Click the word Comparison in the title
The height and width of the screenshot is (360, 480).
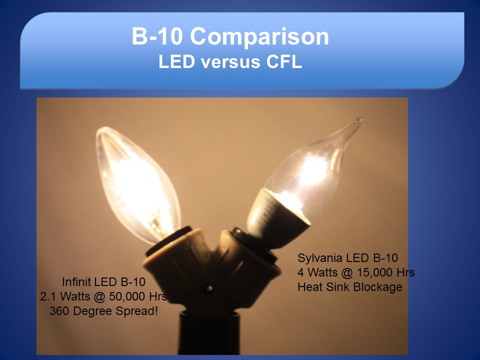259,36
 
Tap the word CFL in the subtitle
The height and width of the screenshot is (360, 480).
284,61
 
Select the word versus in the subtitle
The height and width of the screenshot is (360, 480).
230,61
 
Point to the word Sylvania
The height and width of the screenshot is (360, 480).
318,258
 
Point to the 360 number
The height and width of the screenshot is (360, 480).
59,311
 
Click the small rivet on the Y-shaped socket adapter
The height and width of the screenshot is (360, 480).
209,288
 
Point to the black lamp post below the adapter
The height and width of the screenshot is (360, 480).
209,333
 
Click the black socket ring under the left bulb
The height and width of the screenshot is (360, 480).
168,240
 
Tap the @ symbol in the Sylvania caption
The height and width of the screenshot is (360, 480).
346,272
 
